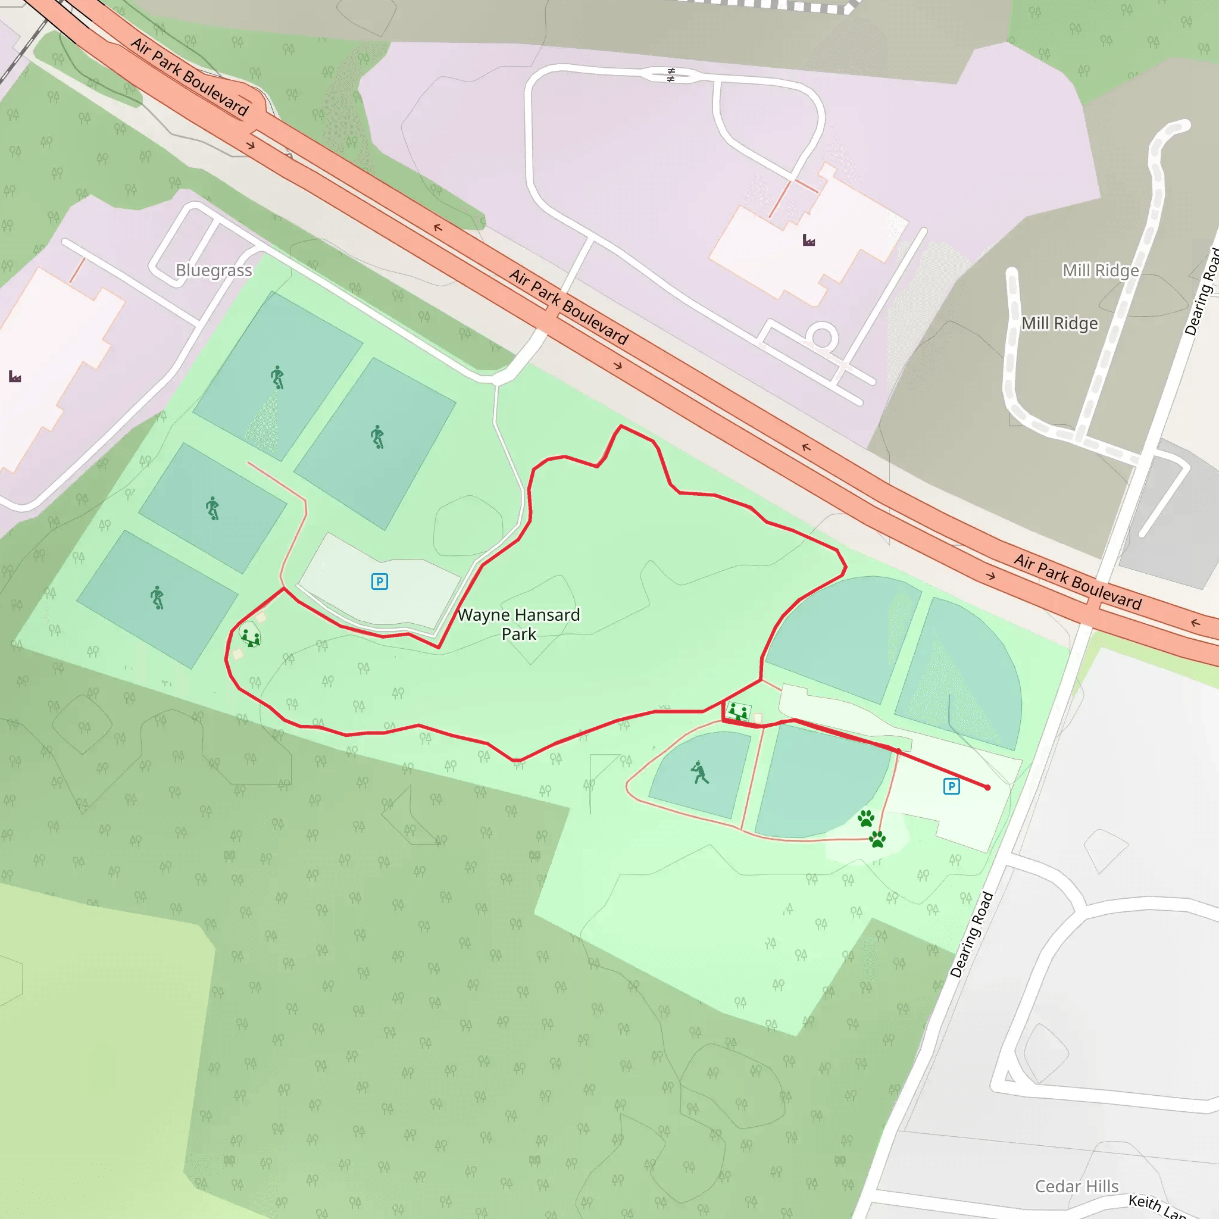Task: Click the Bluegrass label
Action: (x=213, y=270)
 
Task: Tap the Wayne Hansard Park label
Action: (x=518, y=624)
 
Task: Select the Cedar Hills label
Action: (x=1076, y=1186)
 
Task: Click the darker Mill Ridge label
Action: (x=1059, y=323)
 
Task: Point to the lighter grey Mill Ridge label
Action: (x=1101, y=270)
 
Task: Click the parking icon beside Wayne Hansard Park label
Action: (x=379, y=581)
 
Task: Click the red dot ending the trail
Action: (x=987, y=787)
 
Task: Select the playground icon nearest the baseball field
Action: (x=737, y=712)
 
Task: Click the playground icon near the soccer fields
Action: (x=251, y=638)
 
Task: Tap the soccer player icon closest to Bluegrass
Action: (x=277, y=377)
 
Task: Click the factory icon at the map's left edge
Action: (x=15, y=377)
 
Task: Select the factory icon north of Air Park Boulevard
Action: (x=808, y=240)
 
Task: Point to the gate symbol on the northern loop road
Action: (x=671, y=75)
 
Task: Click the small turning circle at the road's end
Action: (x=821, y=337)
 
